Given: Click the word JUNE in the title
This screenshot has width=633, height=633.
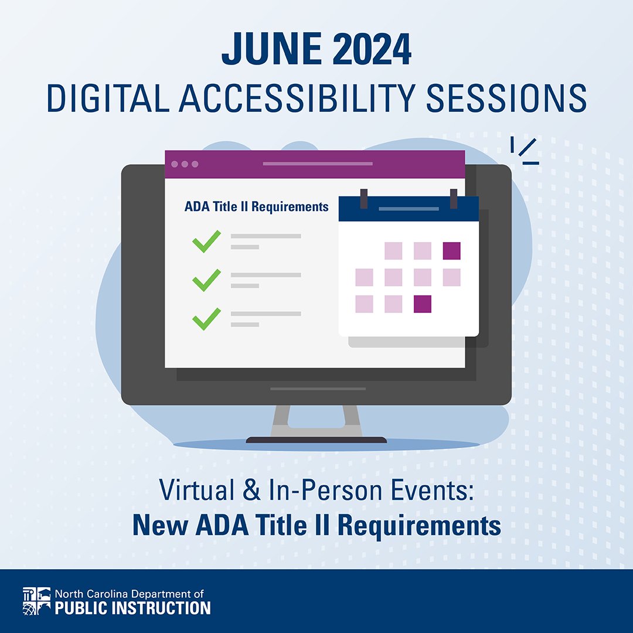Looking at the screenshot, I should point(267,52).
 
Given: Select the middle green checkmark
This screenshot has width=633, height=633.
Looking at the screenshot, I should point(206,280).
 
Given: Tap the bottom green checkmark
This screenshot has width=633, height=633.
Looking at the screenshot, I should point(206,319).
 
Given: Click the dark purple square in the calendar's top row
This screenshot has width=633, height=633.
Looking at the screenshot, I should point(451,251).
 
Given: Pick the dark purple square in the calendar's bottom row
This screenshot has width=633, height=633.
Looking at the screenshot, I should point(423,304).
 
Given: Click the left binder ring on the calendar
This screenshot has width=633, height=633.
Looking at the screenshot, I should point(364,198).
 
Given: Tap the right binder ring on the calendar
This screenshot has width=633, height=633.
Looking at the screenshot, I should point(453,198).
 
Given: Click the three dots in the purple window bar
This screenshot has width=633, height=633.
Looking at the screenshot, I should point(185,164).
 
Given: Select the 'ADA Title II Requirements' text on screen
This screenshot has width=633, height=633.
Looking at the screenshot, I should point(256,207).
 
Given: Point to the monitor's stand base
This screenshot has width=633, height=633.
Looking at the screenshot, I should point(316,439).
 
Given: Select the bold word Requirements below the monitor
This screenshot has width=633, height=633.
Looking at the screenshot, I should point(420,526).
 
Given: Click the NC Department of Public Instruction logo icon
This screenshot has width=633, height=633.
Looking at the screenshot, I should point(36,601).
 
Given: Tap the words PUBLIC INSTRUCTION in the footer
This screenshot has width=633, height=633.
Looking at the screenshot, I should point(132,608).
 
